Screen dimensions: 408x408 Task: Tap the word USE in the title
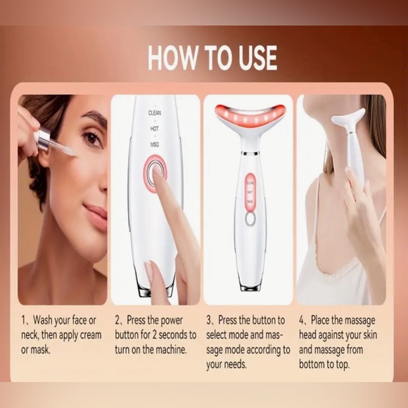[x=251, y=58]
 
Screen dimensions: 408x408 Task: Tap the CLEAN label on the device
[x=154, y=112]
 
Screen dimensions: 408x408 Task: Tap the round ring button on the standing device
[x=250, y=219]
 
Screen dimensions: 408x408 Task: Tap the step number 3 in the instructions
[x=209, y=319]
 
